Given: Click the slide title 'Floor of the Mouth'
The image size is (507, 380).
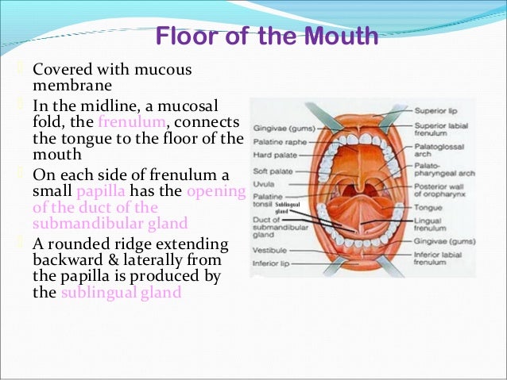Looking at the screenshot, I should tap(266, 36).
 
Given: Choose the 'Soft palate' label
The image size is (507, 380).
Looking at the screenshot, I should tap(271, 171).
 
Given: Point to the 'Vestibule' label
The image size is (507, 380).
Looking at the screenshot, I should tap(269, 248).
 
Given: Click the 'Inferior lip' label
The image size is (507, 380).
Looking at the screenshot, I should tap(272, 263).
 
